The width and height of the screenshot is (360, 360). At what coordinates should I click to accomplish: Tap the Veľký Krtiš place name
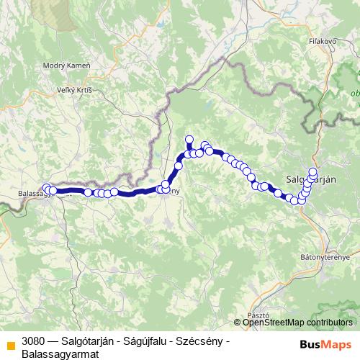pyautogui.click(x=75, y=91)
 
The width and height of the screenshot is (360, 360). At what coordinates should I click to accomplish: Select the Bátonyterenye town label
pyautogui.click(x=325, y=257)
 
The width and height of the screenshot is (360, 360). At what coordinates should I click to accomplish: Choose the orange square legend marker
pyautogui.click(x=9, y=342)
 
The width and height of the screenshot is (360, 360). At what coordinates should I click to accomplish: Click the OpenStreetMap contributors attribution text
pyautogui.click(x=297, y=323)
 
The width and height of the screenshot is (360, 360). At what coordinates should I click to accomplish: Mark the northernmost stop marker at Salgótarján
pyautogui.click(x=313, y=171)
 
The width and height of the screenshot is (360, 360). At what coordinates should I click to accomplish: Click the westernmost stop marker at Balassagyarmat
pyautogui.click(x=46, y=188)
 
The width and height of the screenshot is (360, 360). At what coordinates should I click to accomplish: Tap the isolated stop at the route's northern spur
pyautogui.click(x=189, y=140)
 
